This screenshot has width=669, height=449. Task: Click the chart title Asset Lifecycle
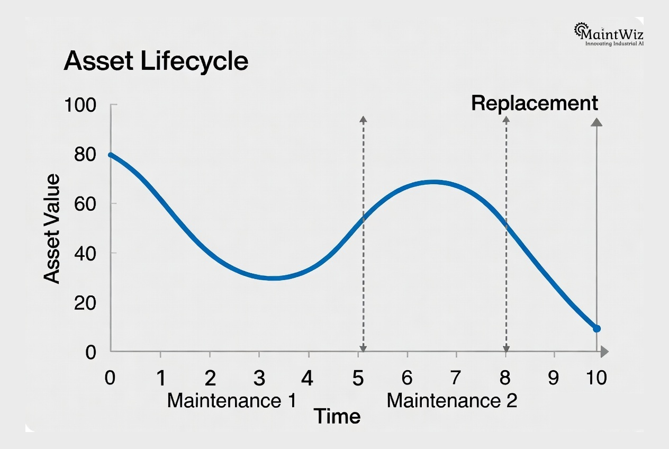(x=156, y=62)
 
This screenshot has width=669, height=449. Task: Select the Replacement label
(x=534, y=103)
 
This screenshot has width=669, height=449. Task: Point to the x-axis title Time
(x=337, y=417)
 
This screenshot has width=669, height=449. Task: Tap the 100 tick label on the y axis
(x=80, y=105)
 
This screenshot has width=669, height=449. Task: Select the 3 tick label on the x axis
(x=259, y=379)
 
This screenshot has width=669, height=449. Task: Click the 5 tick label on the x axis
(x=358, y=379)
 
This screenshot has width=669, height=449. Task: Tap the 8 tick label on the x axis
(x=505, y=379)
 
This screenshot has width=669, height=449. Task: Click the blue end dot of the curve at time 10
(x=596, y=329)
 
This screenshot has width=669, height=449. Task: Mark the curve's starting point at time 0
(x=111, y=155)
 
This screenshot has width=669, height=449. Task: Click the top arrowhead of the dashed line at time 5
(x=363, y=120)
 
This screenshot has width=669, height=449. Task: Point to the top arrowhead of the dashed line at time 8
(x=506, y=120)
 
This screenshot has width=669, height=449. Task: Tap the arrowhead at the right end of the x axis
(x=604, y=352)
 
